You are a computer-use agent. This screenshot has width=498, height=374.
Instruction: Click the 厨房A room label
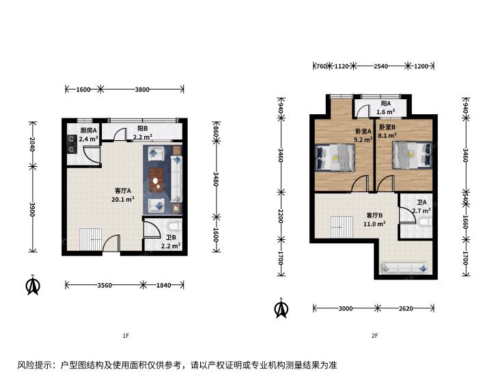click(x=89, y=135)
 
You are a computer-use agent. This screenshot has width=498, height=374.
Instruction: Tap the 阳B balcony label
click(x=142, y=133)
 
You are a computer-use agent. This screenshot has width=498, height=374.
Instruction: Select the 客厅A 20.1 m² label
click(x=122, y=195)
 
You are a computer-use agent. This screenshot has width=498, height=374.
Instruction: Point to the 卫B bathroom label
click(x=171, y=241)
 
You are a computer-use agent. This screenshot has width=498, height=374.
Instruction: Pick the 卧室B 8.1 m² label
click(x=387, y=131)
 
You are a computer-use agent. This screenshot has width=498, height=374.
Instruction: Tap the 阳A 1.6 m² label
click(x=385, y=108)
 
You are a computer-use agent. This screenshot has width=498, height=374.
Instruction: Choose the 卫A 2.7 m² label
click(x=421, y=206)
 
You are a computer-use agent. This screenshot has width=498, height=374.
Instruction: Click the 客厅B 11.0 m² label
click(x=374, y=219)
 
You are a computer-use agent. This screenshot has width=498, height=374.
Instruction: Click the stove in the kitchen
click(x=72, y=144)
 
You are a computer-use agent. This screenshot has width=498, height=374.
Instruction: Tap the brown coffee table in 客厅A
click(x=157, y=181)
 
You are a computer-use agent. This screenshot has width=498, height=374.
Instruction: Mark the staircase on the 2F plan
click(x=342, y=227)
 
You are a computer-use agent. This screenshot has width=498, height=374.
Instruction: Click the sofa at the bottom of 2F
click(x=404, y=267)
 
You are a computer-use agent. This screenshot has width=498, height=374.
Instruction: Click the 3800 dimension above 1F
click(x=142, y=90)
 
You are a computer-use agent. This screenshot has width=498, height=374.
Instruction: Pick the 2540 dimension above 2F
click(x=381, y=66)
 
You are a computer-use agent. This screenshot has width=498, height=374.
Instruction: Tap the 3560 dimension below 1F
click(x=105, y=285)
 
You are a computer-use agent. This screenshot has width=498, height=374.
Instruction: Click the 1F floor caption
click(x=126, y=336)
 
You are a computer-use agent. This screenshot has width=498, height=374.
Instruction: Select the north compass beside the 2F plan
click(x=281, y=308)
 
